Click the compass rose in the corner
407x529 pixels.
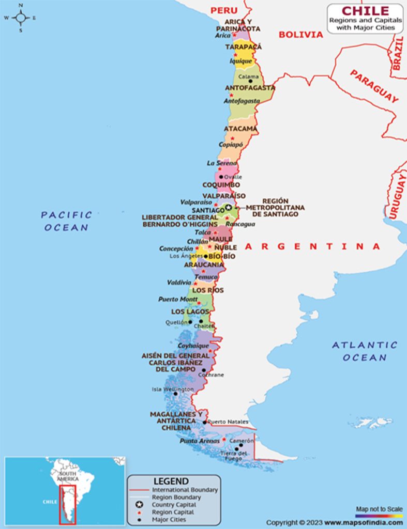[21, 18]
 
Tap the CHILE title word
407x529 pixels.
[365, 10]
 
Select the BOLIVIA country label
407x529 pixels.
[300, 35]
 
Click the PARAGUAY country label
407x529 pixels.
[374, 86]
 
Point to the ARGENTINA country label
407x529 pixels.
[312, 246]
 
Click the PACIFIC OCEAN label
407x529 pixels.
[66, 221]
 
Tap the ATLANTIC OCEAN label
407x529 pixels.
[365, 351]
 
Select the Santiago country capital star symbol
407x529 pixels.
[228, 207]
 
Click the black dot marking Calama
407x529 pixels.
[251, 81]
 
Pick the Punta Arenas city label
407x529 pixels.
[200, 441]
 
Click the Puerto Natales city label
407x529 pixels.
[228, 422]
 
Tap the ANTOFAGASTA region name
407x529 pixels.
[250, 88]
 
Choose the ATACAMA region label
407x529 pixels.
[240, 128]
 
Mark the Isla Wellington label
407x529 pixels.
[172, 389]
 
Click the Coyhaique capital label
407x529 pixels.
[193, 346]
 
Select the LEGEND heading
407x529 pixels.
[174, 481]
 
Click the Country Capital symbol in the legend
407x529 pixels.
[139, 504]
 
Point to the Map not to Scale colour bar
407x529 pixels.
[379, 515]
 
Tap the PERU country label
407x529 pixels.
[223, 10]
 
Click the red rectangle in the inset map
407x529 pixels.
[67, 504]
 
